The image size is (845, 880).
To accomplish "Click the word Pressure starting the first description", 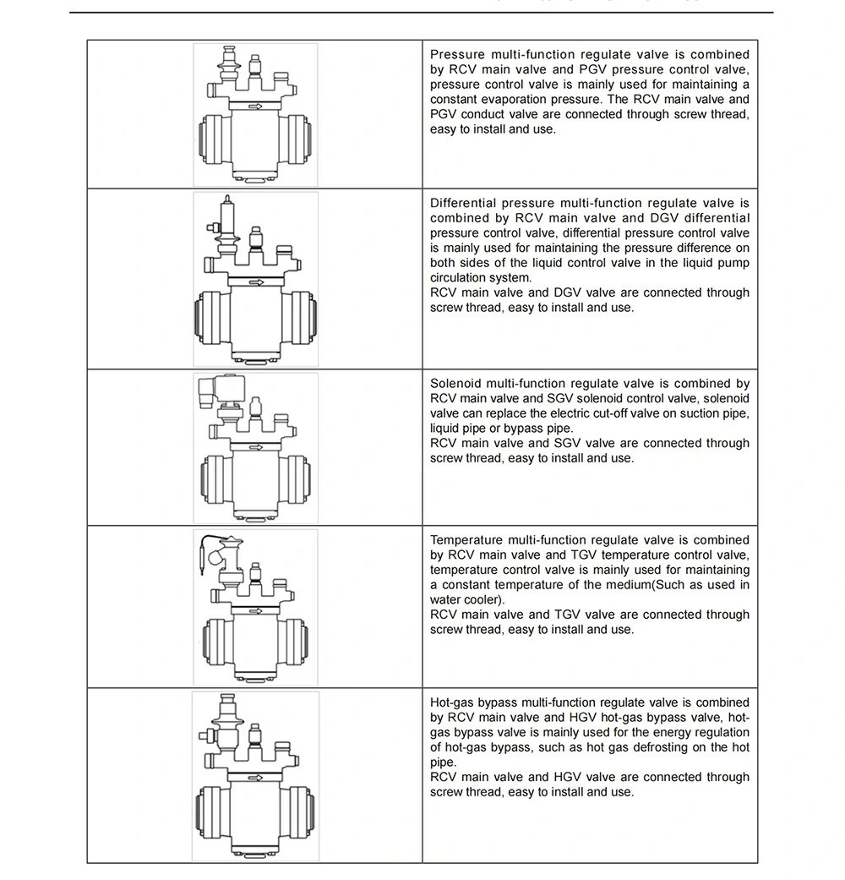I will (458, 55).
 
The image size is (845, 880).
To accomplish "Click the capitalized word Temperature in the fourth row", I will (467, 540).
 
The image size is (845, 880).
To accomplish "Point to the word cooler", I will (484, 600).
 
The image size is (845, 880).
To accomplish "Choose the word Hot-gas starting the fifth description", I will (452, 702).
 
